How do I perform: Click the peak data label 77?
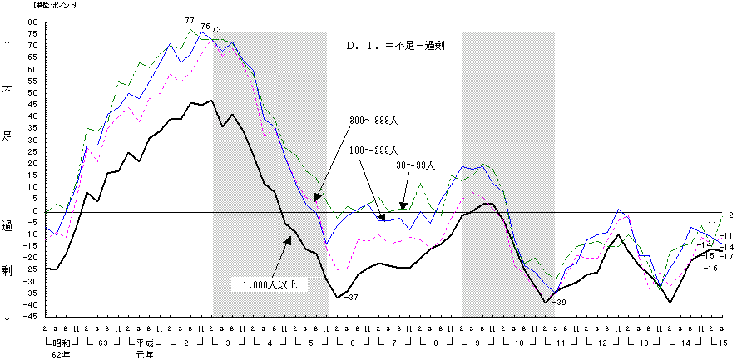pos(190,21)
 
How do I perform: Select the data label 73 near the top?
pos(216,30)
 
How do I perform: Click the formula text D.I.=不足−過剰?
pos(396,46)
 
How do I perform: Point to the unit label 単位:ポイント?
pos(55,6)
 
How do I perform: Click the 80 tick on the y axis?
pos(34,23)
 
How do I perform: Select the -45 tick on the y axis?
pos(32,316)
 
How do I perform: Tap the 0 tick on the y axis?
pos(37,211)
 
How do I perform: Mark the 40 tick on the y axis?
pos(34,117)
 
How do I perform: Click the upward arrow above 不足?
pos(8,47)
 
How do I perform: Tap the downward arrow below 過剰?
pos(8,315)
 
